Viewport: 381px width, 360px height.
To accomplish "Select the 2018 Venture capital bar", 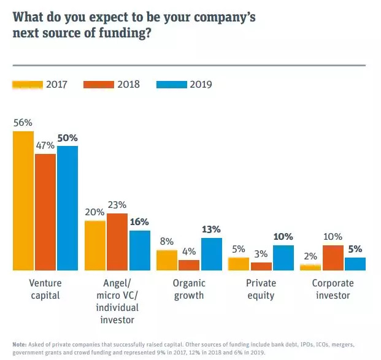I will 45,212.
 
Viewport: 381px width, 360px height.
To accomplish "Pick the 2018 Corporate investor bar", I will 333,258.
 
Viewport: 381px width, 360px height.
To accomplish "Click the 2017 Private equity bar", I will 239,264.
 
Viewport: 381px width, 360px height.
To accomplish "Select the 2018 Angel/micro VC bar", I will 117,242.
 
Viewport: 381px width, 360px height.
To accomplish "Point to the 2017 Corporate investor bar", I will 310,267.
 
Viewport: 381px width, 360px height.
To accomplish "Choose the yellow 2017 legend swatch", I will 28,84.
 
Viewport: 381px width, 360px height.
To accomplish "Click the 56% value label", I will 23,122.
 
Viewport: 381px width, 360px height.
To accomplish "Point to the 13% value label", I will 211,229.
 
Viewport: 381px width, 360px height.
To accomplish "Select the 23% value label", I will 117,205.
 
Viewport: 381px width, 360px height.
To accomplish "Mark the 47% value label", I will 45,145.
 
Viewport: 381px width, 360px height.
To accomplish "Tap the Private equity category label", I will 261,289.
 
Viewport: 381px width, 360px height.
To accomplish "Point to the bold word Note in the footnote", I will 20,344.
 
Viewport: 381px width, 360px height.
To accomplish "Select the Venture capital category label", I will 45,289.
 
